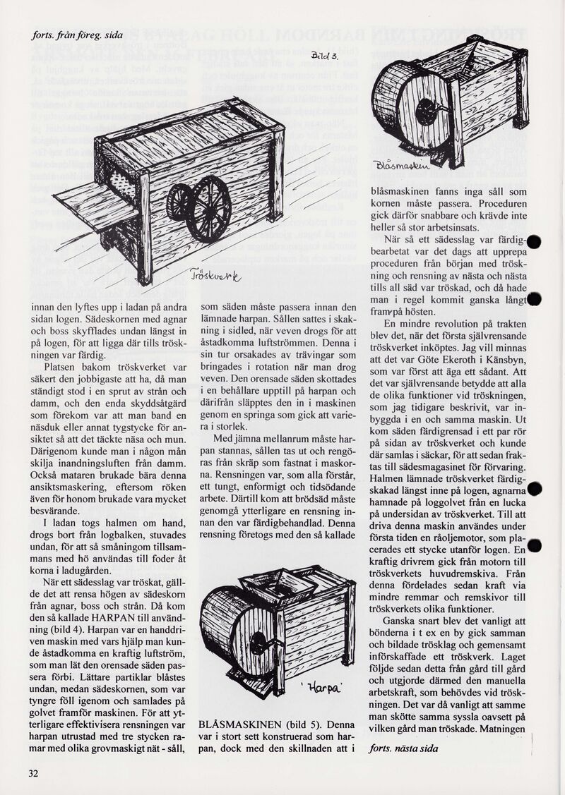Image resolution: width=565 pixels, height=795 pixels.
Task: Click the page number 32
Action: coord(33,772)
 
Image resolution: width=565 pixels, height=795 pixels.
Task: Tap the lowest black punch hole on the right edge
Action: coord(535,545)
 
